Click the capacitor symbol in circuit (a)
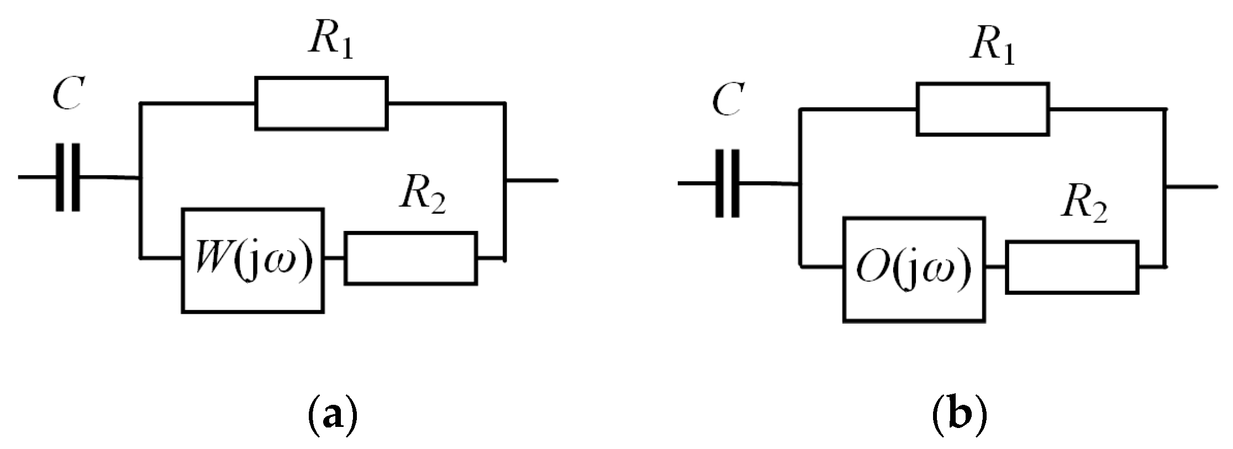pos(67,177)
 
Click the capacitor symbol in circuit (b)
pos(728,183)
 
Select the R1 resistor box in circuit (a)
pos(321,103)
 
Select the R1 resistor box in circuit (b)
pos(983,109)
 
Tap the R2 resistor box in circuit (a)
pos(411,258)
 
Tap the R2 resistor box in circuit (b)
pos(1072,267)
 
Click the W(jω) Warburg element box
pos(253,261)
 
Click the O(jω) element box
pos(914,270)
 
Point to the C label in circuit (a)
pos(67,94)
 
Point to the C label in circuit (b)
pos(727,100)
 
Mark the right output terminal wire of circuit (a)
pos(531,180)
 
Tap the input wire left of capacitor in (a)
pos(36,177)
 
